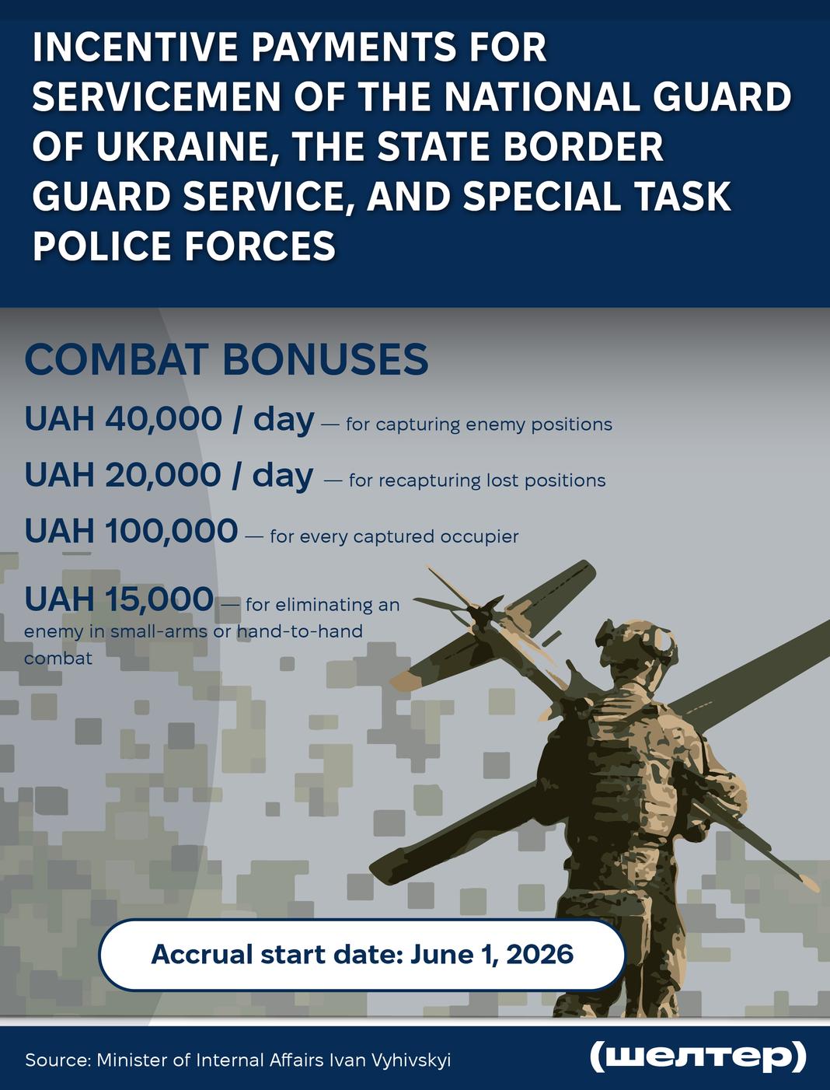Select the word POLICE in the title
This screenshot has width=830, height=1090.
click(101, 246)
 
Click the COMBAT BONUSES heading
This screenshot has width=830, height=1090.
click(226, 359)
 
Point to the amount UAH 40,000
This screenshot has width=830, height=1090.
click(123, 420)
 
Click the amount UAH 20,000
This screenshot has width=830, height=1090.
click(123, 475)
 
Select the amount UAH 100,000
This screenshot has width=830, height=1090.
click(131, 530)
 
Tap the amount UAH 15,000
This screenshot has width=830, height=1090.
click(119, 599)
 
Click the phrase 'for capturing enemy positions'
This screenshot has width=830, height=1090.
click(479, 425)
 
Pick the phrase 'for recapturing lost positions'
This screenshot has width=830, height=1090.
click(477, 480)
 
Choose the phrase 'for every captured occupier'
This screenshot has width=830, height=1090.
click(394, 536)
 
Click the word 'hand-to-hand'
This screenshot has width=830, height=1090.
click(299, 631)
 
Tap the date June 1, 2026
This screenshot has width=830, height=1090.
click(491, 955)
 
